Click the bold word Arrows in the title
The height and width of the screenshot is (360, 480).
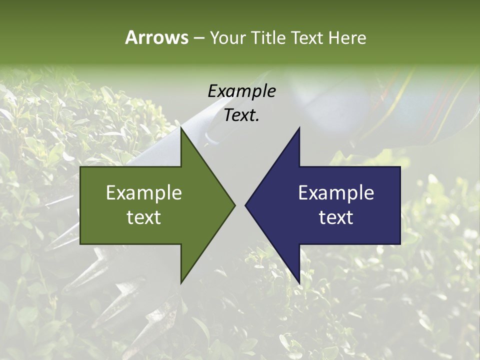(x=156, y=37)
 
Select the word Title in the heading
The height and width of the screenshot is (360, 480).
(x=269, y=38)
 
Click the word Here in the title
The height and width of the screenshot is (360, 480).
(x=347, y=38)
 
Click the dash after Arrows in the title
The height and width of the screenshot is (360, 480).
(x=198, y=38)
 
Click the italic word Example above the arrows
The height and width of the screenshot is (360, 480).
(x=242, y=91)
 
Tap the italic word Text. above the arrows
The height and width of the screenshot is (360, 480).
(x=242, y=115)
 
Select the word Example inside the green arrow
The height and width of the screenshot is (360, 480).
(x=144, y=192)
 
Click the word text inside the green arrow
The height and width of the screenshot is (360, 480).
(x=144, y=217)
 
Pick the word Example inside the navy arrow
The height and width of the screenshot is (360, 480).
(x=336, y=192)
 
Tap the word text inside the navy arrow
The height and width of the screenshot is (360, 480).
(x=336, y=217)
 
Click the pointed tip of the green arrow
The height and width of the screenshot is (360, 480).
(x=235, y=205)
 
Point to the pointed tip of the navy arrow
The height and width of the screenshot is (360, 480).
(x=245, y=205)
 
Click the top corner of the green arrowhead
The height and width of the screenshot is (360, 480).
(x=181, y=127)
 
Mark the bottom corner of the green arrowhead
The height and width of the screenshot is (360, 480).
(x=181, y=283)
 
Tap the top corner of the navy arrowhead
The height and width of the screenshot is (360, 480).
(x=299, y=127)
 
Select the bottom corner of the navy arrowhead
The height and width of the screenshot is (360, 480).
(x=299, y=283)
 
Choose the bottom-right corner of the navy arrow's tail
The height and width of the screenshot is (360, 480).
(x=400, y=244)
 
